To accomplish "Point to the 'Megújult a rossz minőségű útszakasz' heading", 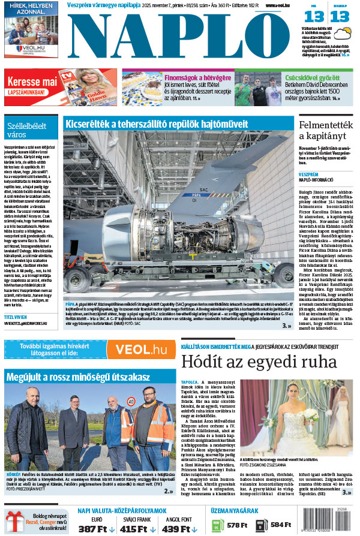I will point(77,377).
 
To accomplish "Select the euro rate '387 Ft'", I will point(95,529).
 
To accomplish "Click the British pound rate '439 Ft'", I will point(179,529).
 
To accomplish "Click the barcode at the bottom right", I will point(330,522).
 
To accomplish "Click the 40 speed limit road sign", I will point(131,401).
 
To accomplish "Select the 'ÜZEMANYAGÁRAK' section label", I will point(235,511).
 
